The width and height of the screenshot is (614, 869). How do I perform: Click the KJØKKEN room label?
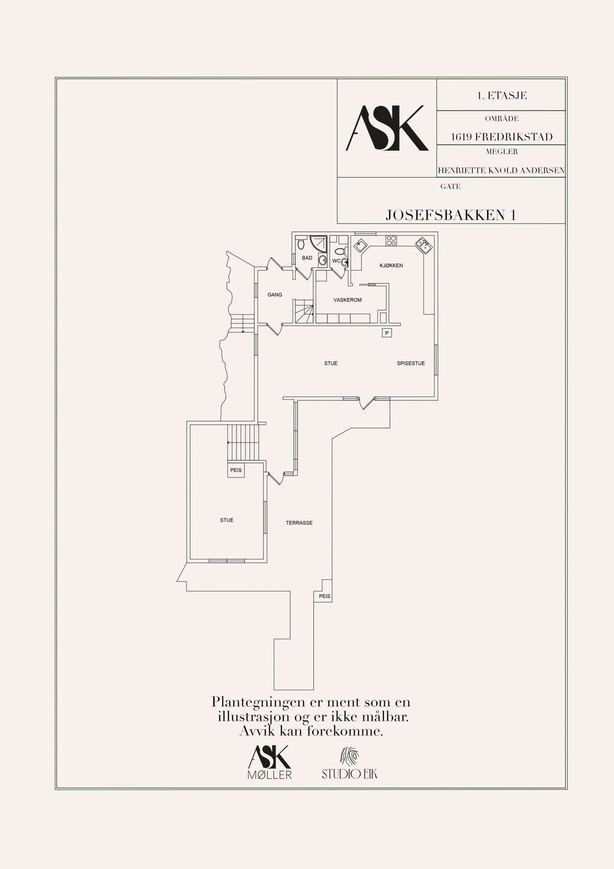[x=391, y=266]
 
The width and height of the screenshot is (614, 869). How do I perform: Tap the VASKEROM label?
[x=348, y=300]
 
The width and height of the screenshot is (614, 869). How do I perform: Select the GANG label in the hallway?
[x=275, y=294]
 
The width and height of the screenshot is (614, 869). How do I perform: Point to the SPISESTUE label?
[x=411, y=363]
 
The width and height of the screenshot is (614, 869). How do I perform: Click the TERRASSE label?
[x=299, y=522]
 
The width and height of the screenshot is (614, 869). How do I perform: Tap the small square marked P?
[x=386, y=333]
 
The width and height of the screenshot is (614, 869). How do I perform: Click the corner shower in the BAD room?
[x=319, y=243]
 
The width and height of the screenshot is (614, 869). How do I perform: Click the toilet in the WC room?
[x=340, y=251]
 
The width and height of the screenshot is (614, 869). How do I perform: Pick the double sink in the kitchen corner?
[x=424, y=245]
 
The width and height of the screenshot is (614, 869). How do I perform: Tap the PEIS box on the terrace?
[x=325, y=596]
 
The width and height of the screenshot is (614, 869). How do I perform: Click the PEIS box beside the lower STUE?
[x=236, y=470]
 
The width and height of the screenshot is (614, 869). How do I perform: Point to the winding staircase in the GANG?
[x=304, y=311]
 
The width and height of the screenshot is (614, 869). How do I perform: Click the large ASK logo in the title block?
[x=387, y=128]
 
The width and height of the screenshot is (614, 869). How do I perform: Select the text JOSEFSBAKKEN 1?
[x=451, y=215]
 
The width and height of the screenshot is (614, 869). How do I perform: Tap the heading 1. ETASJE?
[x=502, y=96]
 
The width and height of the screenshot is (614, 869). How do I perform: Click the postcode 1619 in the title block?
[x=461, y=137]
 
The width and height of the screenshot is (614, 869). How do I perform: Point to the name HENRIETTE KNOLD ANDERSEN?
[x=501, y=170]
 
